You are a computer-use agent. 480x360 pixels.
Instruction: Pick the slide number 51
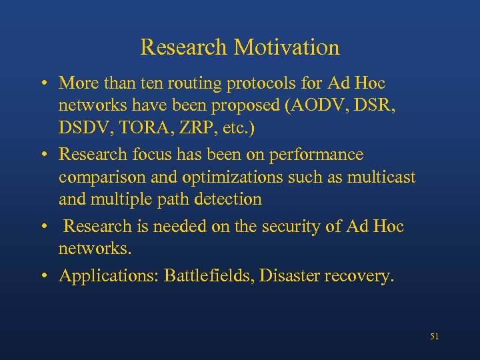[435, 337]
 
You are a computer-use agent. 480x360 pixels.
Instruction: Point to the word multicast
[381, 177]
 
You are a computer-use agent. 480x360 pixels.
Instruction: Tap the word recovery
[364, 275]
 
